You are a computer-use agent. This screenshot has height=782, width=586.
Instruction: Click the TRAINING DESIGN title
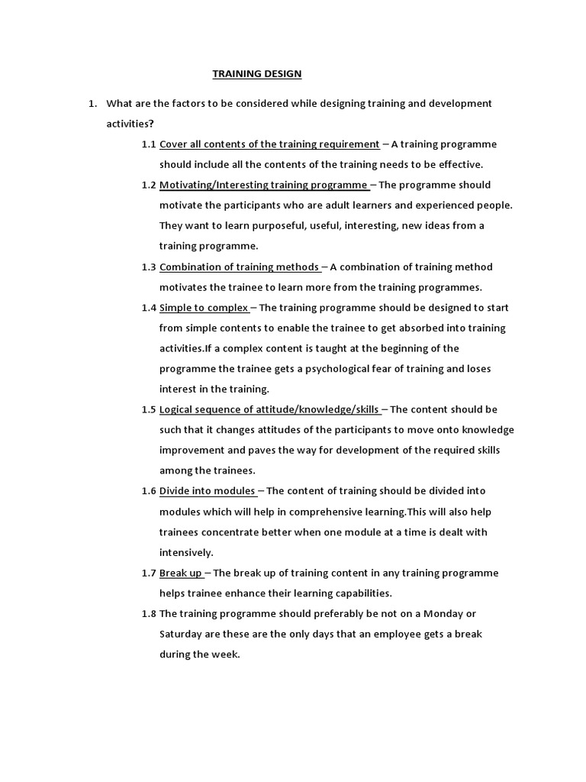pyautogui.click(x=256, y=74)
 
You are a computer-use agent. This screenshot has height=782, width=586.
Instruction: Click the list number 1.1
pyautogui.click(x=148, y=144)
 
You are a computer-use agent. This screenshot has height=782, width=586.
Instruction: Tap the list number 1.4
pyautogui.click(x=148, y=308)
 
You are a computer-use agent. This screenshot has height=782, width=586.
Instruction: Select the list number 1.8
pyautogui.click(x=148, y=613)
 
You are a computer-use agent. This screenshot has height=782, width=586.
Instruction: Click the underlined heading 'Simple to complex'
pyautogui.click(x=204, y=308)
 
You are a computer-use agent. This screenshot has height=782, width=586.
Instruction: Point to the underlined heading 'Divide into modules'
pyautogui.click(x=208, y=491)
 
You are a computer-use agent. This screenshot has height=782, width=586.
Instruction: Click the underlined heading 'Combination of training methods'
pyautogui.click(x=239, y=267)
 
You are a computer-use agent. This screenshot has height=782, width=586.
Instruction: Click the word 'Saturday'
pyautogui.click(x=182, y=634)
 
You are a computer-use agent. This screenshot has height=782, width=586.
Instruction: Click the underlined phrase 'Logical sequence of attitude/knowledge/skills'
pyautogui.click(x=269, y=409)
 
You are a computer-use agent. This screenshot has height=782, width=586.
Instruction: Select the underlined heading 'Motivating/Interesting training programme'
pyautogui.click(x=263, y=185)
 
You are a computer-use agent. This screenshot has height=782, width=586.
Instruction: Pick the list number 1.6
pyautogui.click(x=148, y=491)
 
